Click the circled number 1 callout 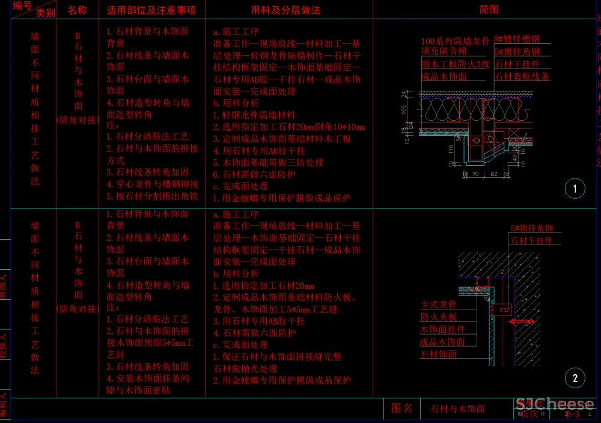point(575,189)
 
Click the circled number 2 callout point(575,378)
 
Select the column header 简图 point(489,10)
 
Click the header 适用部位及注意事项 point(152,10)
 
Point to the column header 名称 point(77,10)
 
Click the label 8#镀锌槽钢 point(517,40)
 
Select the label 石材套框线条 point(522,76)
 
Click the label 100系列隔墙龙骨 point(456,41)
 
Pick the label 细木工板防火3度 point(455,64)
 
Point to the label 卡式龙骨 point(438,305)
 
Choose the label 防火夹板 point(438,317)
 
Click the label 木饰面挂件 point(442,329)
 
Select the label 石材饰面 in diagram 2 point(438,354)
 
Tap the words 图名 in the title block point(401,409)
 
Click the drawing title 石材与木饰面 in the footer point(457,409)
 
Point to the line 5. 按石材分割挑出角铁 point(152,196)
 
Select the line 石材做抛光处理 point(245,368)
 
